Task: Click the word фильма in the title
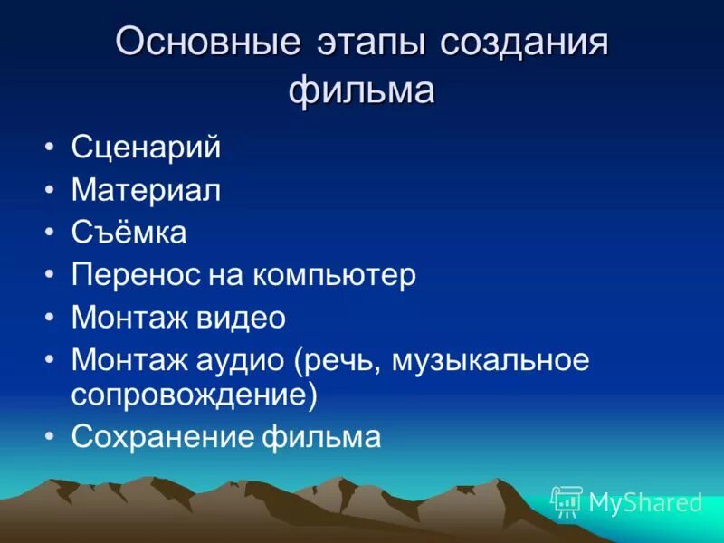362,90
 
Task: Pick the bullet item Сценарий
146,148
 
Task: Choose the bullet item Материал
147,190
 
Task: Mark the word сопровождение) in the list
195,395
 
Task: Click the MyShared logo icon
567,501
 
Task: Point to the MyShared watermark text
645,502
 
